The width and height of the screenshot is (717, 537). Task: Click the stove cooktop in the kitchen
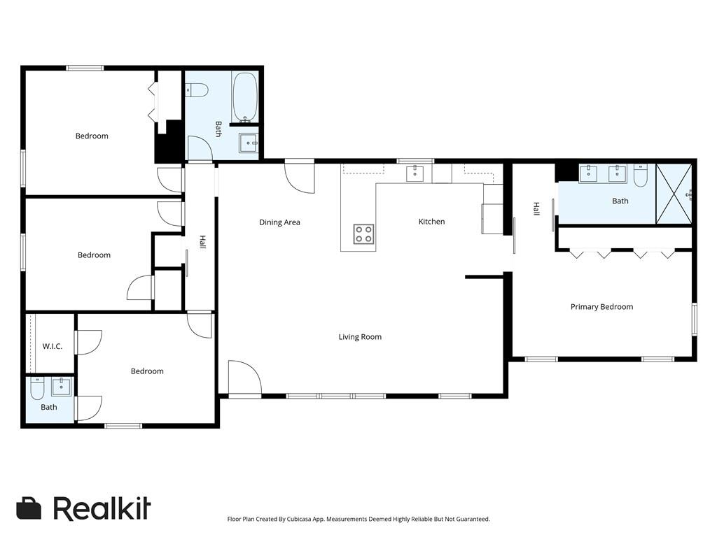[x=363, y=234]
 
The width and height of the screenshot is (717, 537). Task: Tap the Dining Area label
[x=279, y=222]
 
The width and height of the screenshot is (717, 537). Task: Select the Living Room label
[x=360, y=337]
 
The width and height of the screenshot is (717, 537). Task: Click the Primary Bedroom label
[x=601, y=307]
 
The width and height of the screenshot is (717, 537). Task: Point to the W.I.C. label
[x=53, y=346]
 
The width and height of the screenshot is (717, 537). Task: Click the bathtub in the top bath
[x=245, y=97]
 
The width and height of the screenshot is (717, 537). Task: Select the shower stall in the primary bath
[x=674, y=194]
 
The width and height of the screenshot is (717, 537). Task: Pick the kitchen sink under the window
[x=415, y=173]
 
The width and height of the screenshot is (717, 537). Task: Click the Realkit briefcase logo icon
[x=29, y=508]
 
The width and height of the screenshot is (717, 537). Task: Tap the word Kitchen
[x=431, y=222]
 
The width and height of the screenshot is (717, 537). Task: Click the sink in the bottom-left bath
[x=61, y=385]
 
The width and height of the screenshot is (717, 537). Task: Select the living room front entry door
[x=244, y=380]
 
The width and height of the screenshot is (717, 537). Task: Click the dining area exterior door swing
[x=300, y=177]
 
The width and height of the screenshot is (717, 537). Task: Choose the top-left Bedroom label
[x=92, y=136]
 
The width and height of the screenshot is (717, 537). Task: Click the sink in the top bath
[x=248, y=143]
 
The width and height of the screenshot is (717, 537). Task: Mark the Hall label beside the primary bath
[x=536, y=208]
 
